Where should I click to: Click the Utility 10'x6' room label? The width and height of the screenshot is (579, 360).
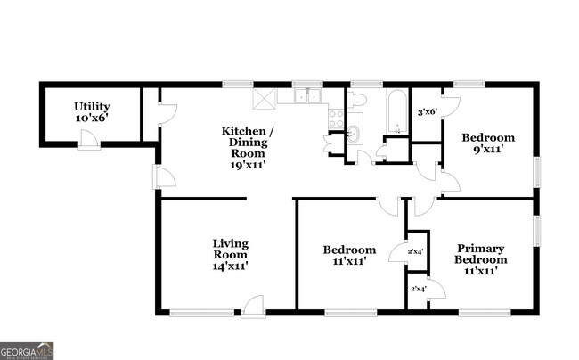point(91,111)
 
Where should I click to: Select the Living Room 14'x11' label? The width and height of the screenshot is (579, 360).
point(230,254)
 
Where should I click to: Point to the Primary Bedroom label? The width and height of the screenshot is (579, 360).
point(482,259)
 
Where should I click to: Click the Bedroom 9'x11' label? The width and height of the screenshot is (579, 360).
point(488,143)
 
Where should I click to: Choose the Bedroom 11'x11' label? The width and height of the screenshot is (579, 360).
point(349,255)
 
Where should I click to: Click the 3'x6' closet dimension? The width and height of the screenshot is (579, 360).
point(428,111)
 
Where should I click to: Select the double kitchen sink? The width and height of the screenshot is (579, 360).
point(309,96)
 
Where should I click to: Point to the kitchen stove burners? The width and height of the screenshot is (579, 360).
point(336,119)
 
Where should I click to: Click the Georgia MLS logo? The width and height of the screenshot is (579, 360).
point(27,350)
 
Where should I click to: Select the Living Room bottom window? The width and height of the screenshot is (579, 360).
point(200,312)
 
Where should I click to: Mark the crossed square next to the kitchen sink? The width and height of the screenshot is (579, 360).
point(265,97)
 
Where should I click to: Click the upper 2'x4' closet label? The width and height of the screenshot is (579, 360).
point(415,251)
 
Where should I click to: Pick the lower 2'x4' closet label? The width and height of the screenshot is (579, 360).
point(417,289)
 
